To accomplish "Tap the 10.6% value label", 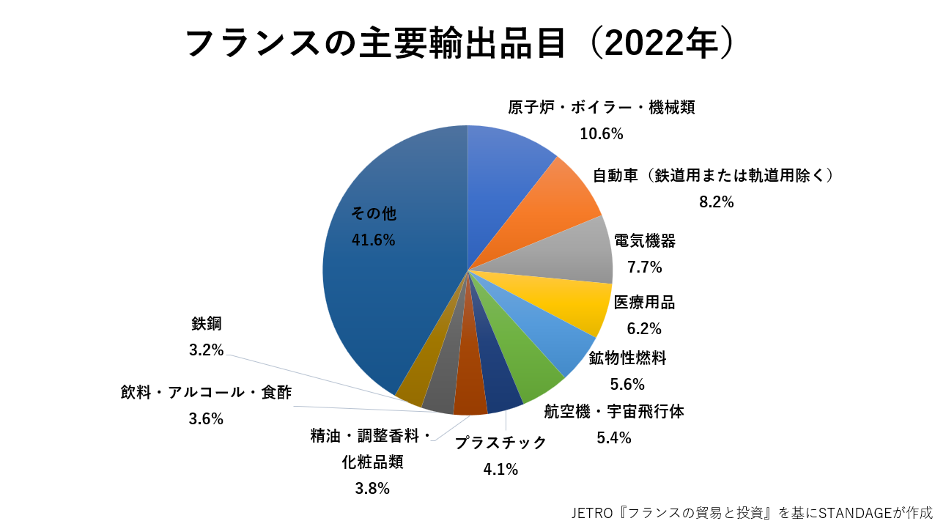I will tap(601, 134).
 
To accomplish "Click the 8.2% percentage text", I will tap(716, 202).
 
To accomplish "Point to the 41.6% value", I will tap(374, 240).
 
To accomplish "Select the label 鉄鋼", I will tap(206, 324).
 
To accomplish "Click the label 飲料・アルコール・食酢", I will tap(206, 393).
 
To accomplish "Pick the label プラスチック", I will tap(501, 443).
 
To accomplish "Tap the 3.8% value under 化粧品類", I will tap(372, 489).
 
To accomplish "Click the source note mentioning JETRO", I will tap(752, 511).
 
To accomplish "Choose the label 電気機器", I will tap(644, 241).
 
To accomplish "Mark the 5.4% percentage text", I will tap(613, 438).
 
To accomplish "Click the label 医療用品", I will tap(644, 302).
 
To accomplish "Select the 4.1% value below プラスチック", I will tap(501, 469).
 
